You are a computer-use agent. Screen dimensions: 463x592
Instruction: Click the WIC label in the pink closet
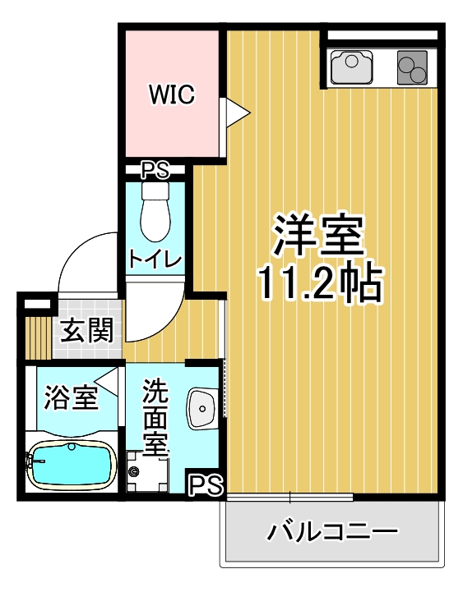click(172, 94)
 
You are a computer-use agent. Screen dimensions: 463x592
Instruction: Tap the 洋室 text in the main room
click(319, 235)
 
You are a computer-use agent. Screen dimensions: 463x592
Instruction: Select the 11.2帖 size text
click(320, 282)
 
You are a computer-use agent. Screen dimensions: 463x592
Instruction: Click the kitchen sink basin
click(351, 67)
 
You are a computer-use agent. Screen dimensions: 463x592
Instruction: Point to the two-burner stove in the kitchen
click(412, 67)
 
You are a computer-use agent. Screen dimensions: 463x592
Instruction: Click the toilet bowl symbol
click(155, 212)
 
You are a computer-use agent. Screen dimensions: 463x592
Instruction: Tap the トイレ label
click(155, 259)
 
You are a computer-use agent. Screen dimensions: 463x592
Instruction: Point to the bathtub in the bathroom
click(72, 465)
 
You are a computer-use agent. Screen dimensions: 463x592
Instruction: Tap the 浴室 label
click(71, 397)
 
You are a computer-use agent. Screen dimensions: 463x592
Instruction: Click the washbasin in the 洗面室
click(202, 408)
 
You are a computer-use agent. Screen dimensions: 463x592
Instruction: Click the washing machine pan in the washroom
click(147, 471)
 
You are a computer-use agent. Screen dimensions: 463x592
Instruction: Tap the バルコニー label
click(332, 531)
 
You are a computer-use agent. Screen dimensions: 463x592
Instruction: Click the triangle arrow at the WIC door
click(238, 112)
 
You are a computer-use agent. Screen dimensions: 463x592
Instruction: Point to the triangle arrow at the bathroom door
click(107, 382)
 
